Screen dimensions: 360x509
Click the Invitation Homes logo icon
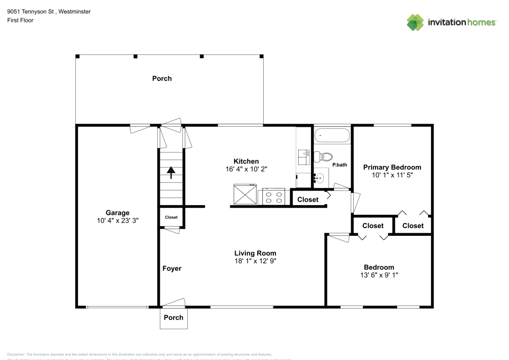pyautogui.click(x=415, y=22)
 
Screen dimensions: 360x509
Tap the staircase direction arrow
pyautogui.click(x=171, y=173)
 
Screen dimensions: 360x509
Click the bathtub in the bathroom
pyautogui.click(x=332, y=136)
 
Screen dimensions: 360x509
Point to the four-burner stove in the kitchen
pyautogui.click(x=273, y=196)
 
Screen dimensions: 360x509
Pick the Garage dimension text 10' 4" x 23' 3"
pyautogui.click(x=118, y=221)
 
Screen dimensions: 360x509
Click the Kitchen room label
pyautogui.click(x=246, y=161)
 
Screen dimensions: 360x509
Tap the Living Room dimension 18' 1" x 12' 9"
pyautogui.click(x=255, y=261)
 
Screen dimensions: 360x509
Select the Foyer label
pyautogui.click(x=172, y=268)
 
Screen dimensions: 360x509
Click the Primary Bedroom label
pyautogui.click(x=392, y=167)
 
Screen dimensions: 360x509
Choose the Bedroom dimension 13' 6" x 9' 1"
pyautogui.click(x=379, y=275)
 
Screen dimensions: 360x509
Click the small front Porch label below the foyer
pyautogui.click(x=174, y=317)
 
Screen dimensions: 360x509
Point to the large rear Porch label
pyautogui.click(x=162, y=78)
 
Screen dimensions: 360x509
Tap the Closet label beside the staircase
pyautogui.click(x=171, y=217)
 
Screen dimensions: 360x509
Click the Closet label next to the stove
pyautogui.click(x=307, y=200)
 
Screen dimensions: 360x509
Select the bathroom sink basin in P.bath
pyautogui.click(x=320, y=178)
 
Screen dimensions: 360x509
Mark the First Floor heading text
pyautogui.click(x=20, y=20)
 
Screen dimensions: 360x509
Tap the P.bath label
pyautogui.click(x=340, y=165)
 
